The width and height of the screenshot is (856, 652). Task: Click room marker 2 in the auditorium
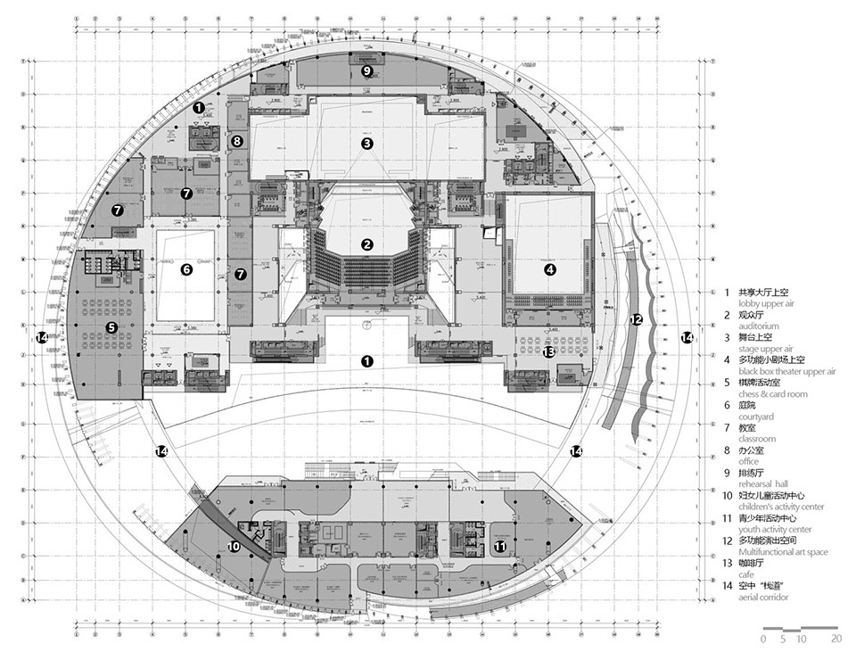pyautogui.click(x=366, y=244)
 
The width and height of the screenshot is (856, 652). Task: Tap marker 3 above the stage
pyautogui.click(x=366, y=143)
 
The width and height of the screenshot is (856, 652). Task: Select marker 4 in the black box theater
pyautogui.click(x=550, y=269)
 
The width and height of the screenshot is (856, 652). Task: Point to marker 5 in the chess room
pyautogui.click(x=111, y=327)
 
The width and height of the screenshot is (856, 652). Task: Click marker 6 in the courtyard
pyautogui.click(x=186, y=269)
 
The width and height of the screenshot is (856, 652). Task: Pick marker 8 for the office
pyautogui.click(x=236, y=141)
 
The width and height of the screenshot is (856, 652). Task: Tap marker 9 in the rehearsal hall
pyautogui.click(x=366, y=70)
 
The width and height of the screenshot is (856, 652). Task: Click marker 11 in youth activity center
pyautogui.click(x=501, y=546)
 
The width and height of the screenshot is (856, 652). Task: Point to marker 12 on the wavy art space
pyautogui.click(x=636, y=319)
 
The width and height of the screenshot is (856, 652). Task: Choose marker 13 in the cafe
pyautogui.click(x=549, y=351)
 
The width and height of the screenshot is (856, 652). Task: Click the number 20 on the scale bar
pyautogui.click(x=835, y=639)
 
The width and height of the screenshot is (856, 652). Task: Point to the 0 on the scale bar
pyautogui.click(x=764, y=639)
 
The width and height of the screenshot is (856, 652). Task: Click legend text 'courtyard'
pyautogui.click(x=756, y=417)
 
